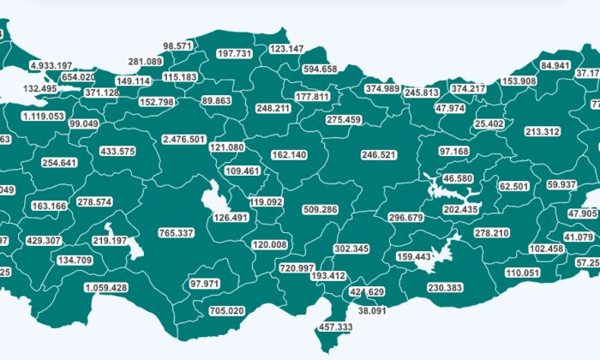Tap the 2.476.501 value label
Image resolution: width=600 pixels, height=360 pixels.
(183, 139)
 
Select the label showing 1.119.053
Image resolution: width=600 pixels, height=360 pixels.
(44, 116)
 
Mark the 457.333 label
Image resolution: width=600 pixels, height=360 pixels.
(335, 327)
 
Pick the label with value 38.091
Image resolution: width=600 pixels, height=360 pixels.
(373, 310)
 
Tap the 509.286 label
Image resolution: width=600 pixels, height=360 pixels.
(321, 209)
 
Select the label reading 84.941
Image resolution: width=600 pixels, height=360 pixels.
(556, 65)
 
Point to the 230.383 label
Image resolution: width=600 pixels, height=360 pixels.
(444, 288)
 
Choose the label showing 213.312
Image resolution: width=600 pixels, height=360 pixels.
(543, 132)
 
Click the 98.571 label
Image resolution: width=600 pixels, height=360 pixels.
(179, 45)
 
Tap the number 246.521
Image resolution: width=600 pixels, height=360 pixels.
(379, 155)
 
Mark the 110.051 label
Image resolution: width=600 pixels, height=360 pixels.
(523, 273)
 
